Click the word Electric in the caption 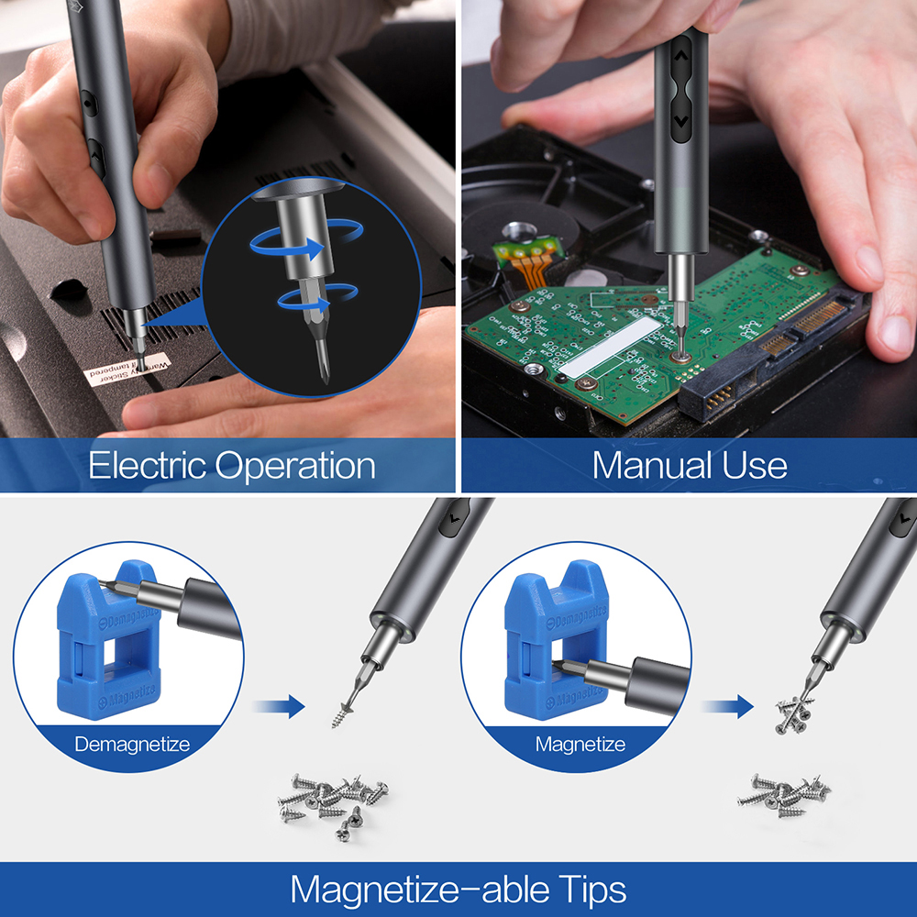pyautogui.click(x=147, y=466)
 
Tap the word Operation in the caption pyautogui.click(x=295, y=466)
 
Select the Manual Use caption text pyautogui.click(x=690, y=465)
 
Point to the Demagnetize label pyautogui.click(x=132, y=744)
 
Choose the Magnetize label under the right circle pyautogui.click(x=580, y=744)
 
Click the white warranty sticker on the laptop pyautogui.click(x=128, y=367)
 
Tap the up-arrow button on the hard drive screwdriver pyautogui.click(x=680, y=57)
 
